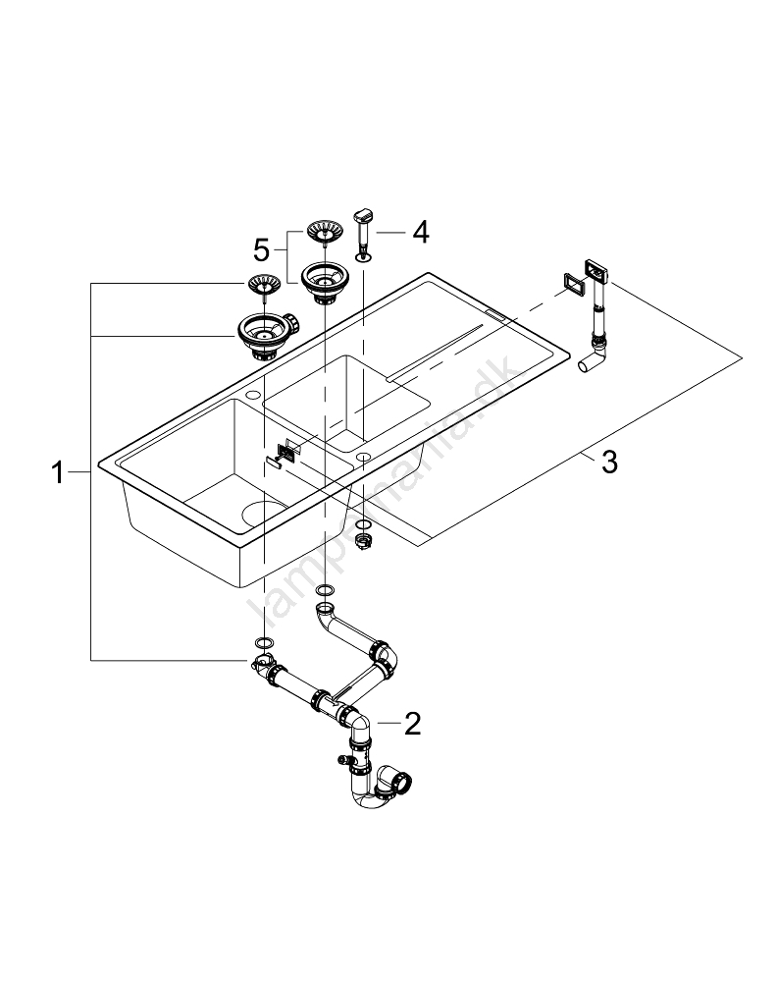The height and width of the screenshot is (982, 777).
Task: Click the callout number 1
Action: click(x=58, y=474)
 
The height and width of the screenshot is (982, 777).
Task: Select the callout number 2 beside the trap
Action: click(x=412, y=724)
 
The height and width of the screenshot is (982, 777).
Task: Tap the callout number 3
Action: click(x=608, y=462)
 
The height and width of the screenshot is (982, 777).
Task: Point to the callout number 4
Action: click(x=420, y=232)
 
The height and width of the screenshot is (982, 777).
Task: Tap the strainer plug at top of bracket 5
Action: click(x=323, y=233)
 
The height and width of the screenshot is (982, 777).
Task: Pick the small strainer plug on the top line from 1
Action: click(x=262, y=286)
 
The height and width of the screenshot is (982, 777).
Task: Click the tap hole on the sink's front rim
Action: click(x=364, y=456)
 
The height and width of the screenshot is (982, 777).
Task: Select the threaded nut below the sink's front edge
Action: click(x=363, y=541)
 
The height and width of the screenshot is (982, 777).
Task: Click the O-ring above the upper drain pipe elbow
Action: click(x=326, y=591)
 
